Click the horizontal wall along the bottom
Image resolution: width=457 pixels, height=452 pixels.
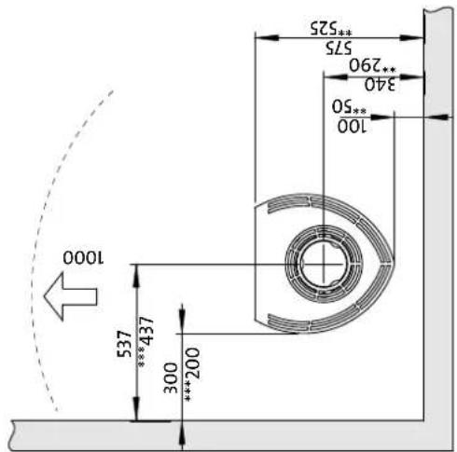215,430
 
